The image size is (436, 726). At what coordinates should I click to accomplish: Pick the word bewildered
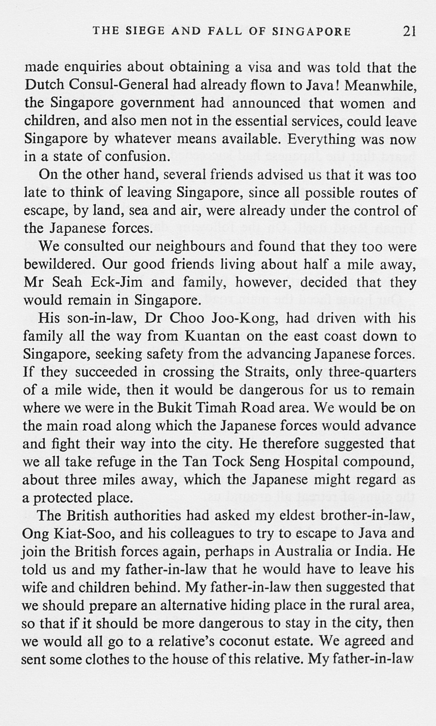click(x=59, y=265)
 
